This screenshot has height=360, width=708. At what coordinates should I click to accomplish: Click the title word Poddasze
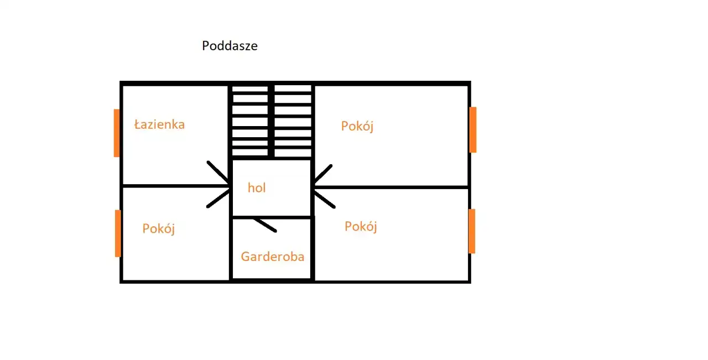coord(230,46)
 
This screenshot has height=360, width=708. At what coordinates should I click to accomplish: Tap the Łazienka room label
coord(159,124)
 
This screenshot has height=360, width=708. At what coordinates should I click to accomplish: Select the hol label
coord(257,188)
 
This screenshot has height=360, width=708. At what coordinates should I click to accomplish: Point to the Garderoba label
coord(272,257)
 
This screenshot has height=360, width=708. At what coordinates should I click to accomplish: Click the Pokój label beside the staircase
coord(357,127)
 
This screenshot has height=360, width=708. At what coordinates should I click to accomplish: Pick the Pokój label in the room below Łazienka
coord(159,229)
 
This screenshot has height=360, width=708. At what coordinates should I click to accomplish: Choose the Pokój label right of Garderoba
coord(361,227)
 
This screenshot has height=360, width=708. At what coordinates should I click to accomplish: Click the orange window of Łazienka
coord(117,133)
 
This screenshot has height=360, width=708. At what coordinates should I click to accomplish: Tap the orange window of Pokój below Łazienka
coord(118,233)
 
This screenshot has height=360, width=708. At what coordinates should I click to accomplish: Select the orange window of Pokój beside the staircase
coord(473,129)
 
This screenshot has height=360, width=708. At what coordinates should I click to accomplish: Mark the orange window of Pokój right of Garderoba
coord(472,231)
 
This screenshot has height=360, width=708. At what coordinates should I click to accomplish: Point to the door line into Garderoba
coord(265,224)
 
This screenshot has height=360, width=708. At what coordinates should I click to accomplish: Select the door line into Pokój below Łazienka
coord(218,199)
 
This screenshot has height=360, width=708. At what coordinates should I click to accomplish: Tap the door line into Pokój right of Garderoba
coord(324,199)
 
